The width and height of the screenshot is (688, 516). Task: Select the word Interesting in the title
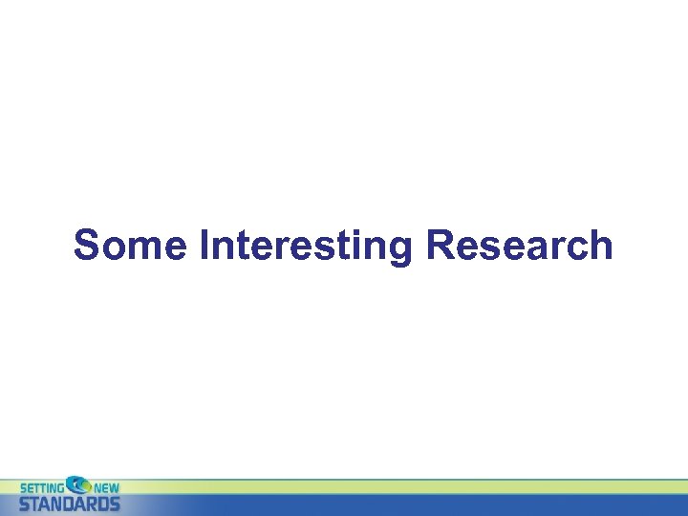pos(306,247)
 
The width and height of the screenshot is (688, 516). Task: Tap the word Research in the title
pos(519,246)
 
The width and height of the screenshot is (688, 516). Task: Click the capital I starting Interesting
pos(205,246)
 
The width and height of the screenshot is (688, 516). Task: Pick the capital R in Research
pos(439,246)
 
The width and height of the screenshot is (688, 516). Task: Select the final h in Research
pos(600,246)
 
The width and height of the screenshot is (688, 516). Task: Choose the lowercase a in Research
pos(520,248)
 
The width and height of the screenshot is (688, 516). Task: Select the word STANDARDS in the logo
pos(70,503)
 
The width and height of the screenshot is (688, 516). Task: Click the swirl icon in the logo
pos(77,485)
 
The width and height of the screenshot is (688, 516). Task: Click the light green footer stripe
pos(382,486)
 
